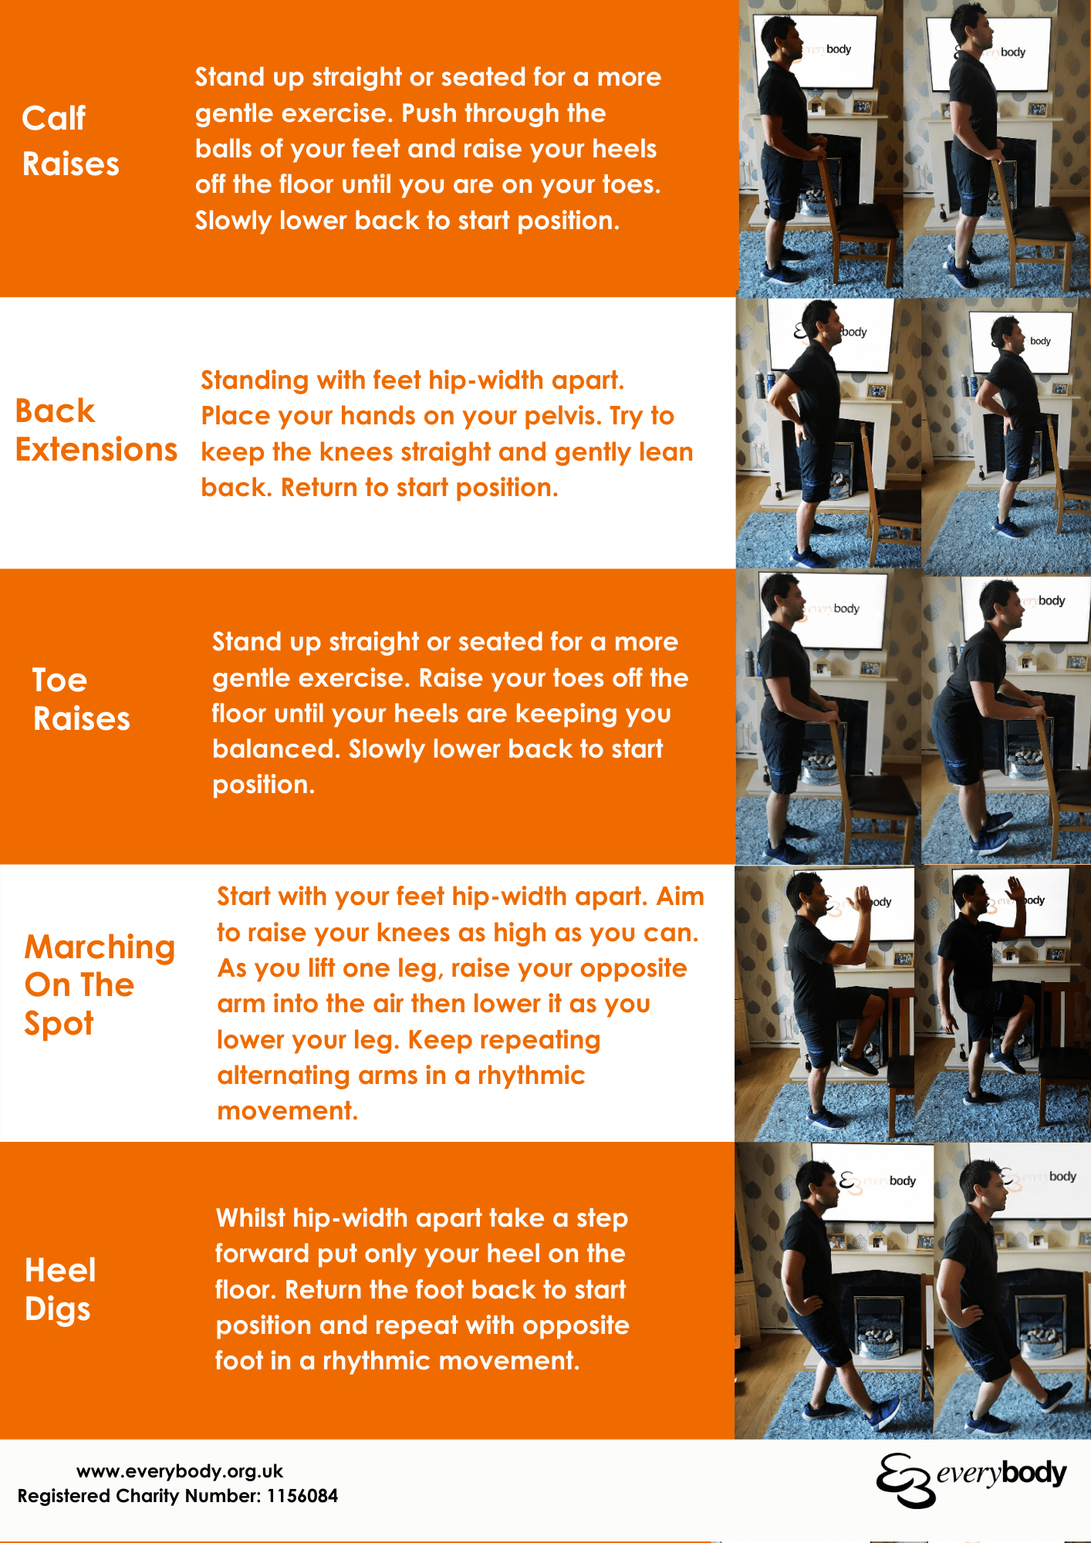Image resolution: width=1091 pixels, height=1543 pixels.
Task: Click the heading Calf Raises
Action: tap(70, 141)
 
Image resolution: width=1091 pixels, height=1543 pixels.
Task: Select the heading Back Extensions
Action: tap(96, 430)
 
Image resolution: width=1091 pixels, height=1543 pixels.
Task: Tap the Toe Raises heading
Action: tap(80, 700)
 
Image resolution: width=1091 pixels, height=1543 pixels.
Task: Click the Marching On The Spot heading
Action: tap(99, 984)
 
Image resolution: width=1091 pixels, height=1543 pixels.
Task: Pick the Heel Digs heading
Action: tap(60, 1289)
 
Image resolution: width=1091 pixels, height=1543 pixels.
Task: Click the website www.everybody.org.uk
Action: tap(179, 1471)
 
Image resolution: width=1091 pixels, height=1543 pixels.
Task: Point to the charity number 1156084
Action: tap(302, 1497)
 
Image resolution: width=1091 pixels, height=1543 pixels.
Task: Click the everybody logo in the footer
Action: tap(971, 1478)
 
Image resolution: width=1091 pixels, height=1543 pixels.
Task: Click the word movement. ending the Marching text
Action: tap(287, 1111)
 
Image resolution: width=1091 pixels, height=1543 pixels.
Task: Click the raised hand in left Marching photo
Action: tap(858, 899)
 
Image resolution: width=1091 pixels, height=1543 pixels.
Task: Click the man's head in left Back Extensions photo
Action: tap(822, 321)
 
